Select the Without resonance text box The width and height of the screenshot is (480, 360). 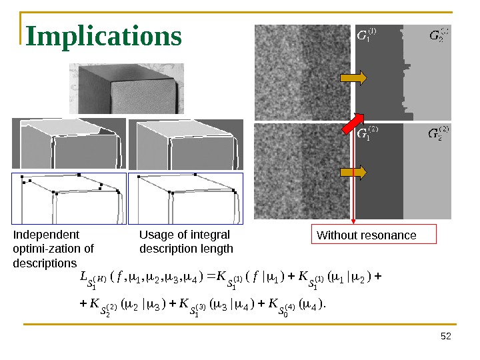(x=374, y=235)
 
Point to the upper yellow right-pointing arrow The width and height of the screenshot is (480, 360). (x=353, y=79)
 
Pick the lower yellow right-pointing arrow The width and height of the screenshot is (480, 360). (x=353, y=173)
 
